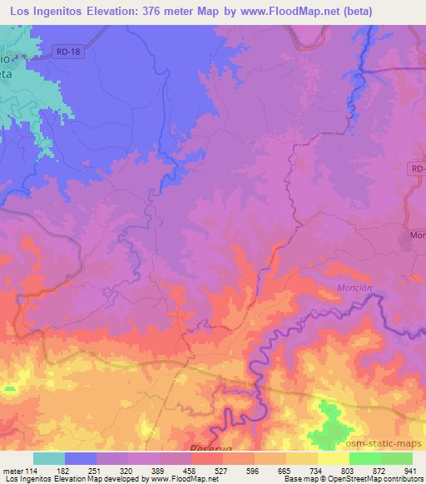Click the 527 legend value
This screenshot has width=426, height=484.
point(222,470)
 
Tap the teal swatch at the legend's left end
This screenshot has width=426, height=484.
point(49,458)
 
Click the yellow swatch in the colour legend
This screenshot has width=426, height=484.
point(333,458)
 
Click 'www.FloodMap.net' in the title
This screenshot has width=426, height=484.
point(283,12)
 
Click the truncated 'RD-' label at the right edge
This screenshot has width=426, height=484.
point(417,169)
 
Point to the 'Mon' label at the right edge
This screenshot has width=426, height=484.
point(417,236)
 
